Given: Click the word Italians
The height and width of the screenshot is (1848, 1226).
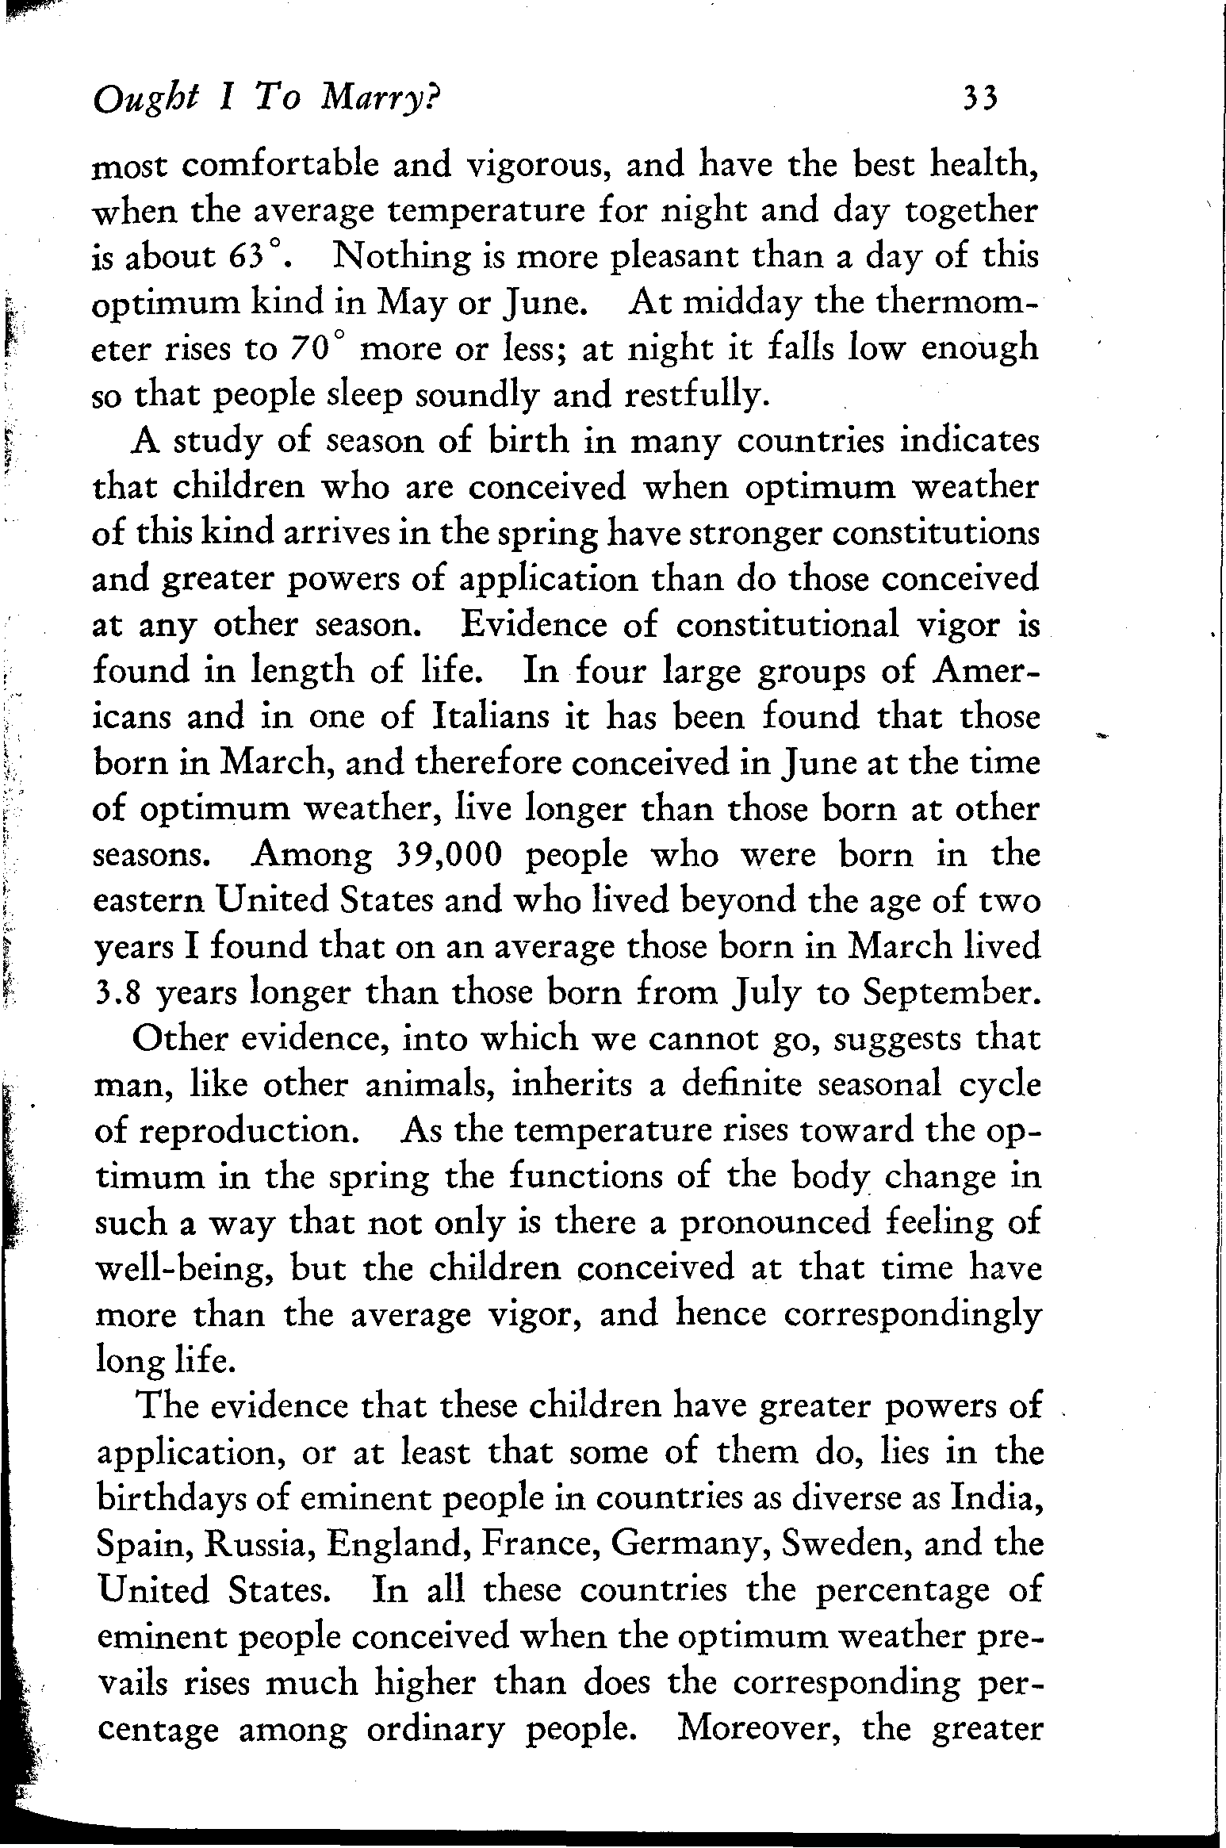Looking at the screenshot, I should (x=484, y=717).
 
